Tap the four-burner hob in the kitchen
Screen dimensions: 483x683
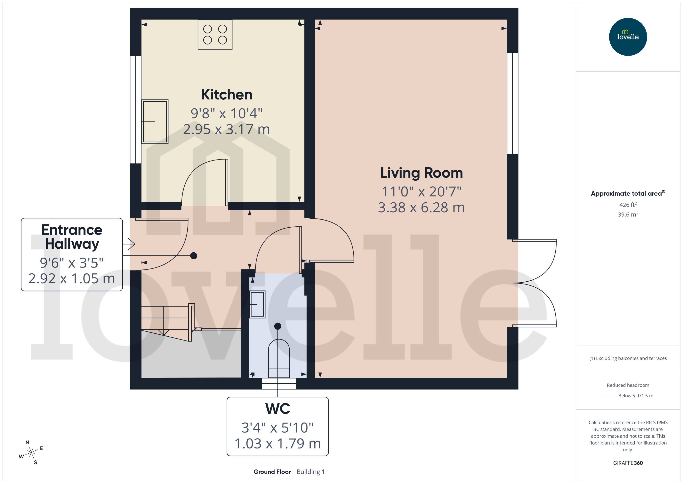click(x=215, y=35)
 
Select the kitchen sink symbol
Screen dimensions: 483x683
click(x=155, y=122)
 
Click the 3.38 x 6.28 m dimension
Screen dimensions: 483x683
click(x=421, y=208)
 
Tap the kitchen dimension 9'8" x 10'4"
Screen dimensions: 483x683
click(x=227, y=113)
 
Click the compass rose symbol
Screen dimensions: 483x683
click(x=31, y=453)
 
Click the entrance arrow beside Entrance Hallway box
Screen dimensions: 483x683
click(x=129, y=244)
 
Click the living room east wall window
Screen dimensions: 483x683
click(x=512, y=104)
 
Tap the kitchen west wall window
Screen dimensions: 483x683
click(x=135, y=109)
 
